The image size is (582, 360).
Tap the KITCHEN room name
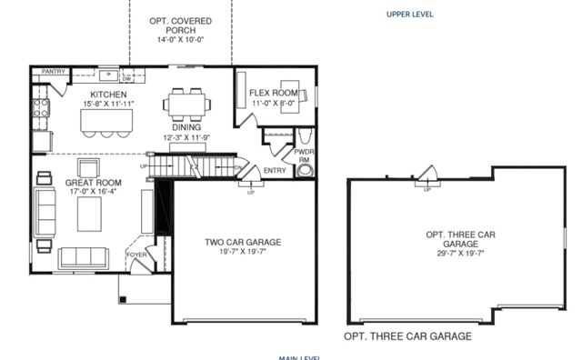tap(108, 95)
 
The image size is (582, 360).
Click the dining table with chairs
tap(188, 104)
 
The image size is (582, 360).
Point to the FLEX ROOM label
tap(275, 93)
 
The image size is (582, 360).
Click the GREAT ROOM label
tap(87, 183)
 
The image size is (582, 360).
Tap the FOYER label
tap(135, 255)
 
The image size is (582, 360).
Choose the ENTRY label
tap(275, 170)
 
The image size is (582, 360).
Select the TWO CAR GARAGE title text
tap(242, 242)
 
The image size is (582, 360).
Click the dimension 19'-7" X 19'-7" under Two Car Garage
tap(242, 253)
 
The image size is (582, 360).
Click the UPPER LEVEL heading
tap(409, 15)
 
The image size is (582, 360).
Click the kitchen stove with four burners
tap(41, 109)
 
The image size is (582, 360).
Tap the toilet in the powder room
tap(305, 169)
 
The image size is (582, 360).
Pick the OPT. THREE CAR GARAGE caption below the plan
tap(407, 336)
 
